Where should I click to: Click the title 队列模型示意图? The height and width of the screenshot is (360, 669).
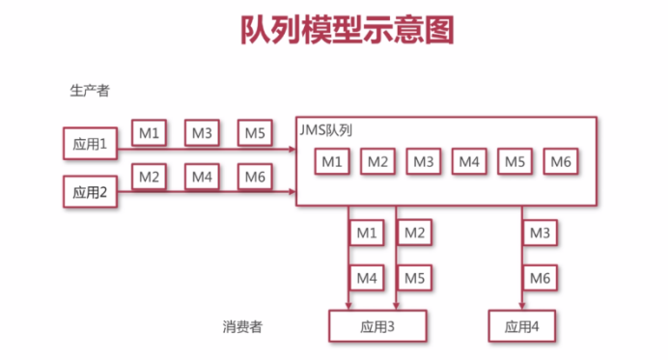(x=347, y=32)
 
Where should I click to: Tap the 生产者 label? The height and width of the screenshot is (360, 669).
(x=89, y=91)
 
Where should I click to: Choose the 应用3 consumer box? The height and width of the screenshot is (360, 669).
(x=377, y=326)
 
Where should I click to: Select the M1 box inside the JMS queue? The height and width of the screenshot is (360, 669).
(x=332, y=162)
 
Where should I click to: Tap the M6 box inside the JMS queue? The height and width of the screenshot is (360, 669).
(x=561, y=162)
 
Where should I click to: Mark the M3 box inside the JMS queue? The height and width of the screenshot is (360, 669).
(x=423, y=162)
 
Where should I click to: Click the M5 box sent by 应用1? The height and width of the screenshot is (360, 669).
(x=254, y=133)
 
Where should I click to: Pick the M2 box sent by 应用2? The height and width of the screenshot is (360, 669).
(x=148, y=178)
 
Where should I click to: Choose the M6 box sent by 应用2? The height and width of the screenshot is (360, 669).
(x=254, y=178)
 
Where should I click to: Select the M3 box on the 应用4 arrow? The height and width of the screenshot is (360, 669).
(x=541, y=233)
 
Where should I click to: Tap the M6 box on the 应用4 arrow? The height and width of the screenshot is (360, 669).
(x=541, y=278)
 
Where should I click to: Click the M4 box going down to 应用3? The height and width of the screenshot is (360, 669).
(x=366, y=278)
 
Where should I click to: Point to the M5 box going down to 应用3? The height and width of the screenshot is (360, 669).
(x=413, y=278)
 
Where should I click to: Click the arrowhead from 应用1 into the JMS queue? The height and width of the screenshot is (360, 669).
(x=292, y=149)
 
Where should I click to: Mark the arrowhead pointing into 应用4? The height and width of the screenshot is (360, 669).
(x=523, y=306)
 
